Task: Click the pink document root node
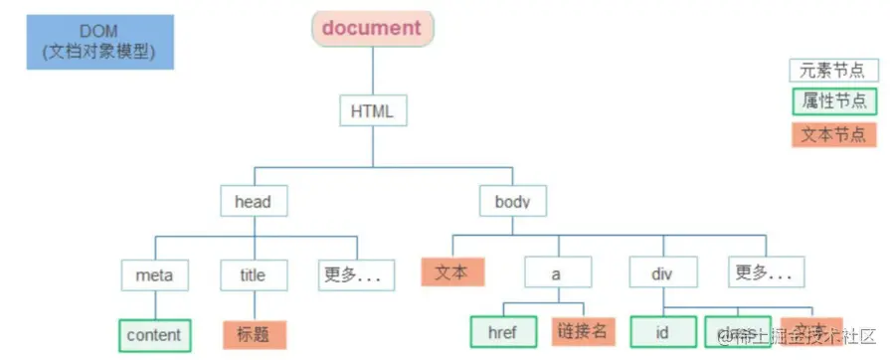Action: coord(371,28)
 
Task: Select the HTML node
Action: coord(372,111)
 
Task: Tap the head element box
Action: coord(253,202)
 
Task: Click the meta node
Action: coord(153,272)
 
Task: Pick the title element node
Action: coord(253,272)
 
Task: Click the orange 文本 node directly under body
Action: coord(451,270)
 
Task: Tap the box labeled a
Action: coord(557,271)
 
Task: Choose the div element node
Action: coord(663,271)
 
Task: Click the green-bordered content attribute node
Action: coord(153,334)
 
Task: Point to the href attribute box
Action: coord(502,331)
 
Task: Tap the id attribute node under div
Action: coord(662,331)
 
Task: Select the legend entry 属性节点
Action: coord(833,100)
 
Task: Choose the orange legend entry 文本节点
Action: coord(833,133)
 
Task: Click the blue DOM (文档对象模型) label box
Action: coord(100,41)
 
